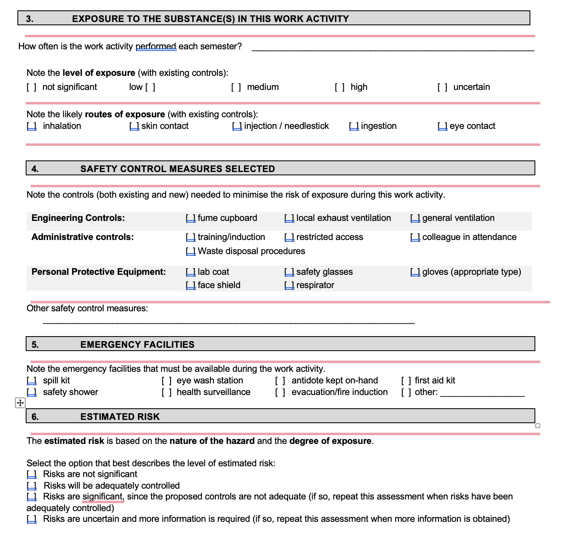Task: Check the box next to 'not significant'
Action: click(x=31, y=87)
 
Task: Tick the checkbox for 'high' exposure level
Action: click(x=340, y=87)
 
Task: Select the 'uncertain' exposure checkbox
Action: click(x=443, y=87)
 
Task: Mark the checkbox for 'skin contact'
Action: click(x=134, y=126)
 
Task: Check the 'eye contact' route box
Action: click(x=443, y=126)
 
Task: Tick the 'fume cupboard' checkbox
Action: click(x=191, y=218)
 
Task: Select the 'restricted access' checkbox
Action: click(x=289, y=237)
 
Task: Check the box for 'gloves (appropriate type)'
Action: click(x=415, y=272)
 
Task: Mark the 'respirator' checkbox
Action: click(x=289, y=285)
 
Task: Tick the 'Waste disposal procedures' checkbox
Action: click(x=191, y=251)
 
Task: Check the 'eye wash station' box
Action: click(x=167, y=380)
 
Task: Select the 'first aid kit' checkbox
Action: click(x=406, y=380)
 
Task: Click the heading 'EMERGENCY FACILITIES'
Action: click(x=137, y=344)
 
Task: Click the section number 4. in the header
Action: click(x=35, y=169)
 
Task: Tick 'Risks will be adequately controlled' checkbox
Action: click(x=31, y=486)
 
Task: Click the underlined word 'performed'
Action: click(x=156, y=46)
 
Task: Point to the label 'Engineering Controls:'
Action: click(x=78, y=218)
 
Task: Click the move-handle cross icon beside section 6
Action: click(x=20, y=402)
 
